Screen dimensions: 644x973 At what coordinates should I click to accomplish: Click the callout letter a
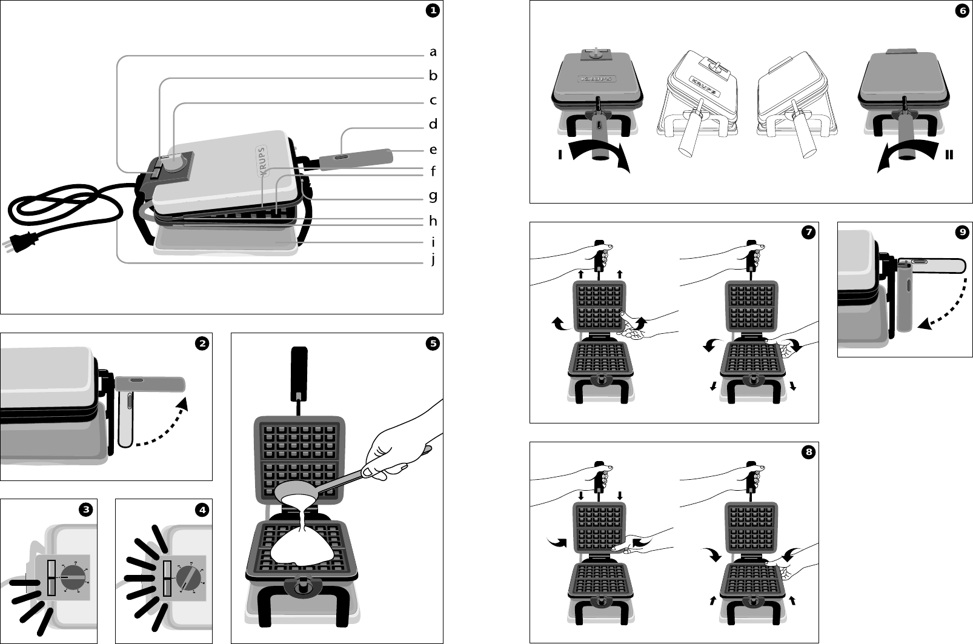(x=433, y=52)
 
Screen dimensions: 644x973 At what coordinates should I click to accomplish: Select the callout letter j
(x=433, y=260)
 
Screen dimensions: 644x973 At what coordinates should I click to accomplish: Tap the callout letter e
(x=433, y=149)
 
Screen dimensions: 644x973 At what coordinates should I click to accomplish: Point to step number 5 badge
(x=432, y=344)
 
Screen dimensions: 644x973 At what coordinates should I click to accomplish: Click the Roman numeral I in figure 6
(x=561, y=155)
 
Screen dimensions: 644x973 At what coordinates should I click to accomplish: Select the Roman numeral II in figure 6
(x=949, y=155)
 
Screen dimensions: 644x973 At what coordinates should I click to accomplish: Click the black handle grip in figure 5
(x=300, y=368)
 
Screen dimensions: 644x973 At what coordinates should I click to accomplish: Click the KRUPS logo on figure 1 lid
(x=262, y=161)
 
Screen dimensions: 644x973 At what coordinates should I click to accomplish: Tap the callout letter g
(x=433, y=196)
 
